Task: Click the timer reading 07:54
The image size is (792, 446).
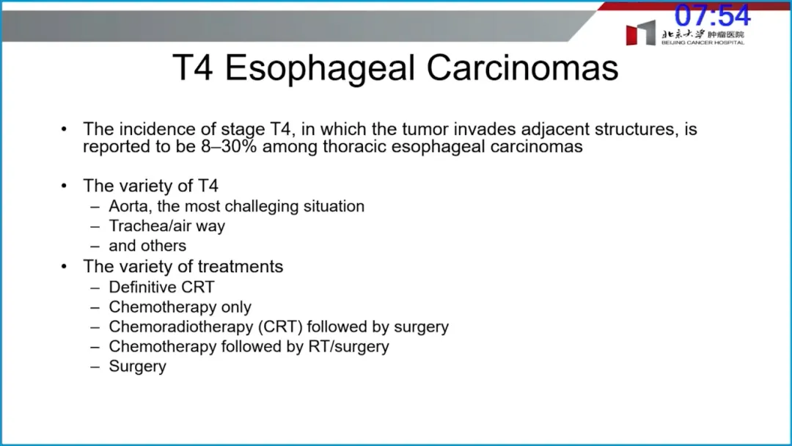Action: tap(712, 15)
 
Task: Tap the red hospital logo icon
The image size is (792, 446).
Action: tap(640, 33)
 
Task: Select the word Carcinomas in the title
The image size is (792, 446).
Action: tap(522, 67)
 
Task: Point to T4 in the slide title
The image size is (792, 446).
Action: tap(193, 67)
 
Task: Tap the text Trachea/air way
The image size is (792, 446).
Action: tap(166, 226)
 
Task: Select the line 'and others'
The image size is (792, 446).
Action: tap(147, 246)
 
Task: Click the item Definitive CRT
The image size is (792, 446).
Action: tap(161, 287)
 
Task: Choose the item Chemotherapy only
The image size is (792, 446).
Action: tap(180, 307)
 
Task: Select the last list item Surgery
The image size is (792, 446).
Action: tap(137, 366)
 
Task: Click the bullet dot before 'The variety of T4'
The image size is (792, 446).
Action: tap(64, 186)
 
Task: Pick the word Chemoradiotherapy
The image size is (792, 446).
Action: tap(181, 326)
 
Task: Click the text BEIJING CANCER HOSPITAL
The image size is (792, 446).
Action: tap(703, 43)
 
